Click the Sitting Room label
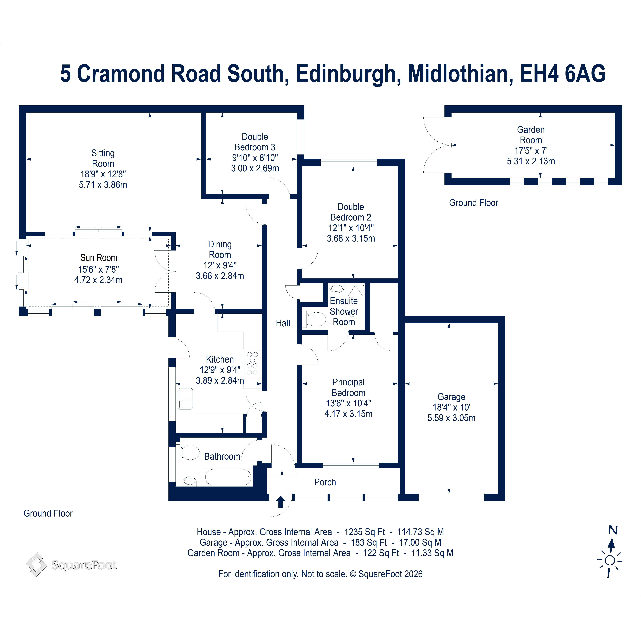point(103,158)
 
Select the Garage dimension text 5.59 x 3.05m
point(451,418)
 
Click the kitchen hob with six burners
point(252,364)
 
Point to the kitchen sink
point(185,399)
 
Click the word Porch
point(325,482)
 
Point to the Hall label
point(283,323)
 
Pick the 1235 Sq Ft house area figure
point(364,532)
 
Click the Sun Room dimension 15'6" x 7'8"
point(99,269)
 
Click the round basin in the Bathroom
point(189,481)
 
